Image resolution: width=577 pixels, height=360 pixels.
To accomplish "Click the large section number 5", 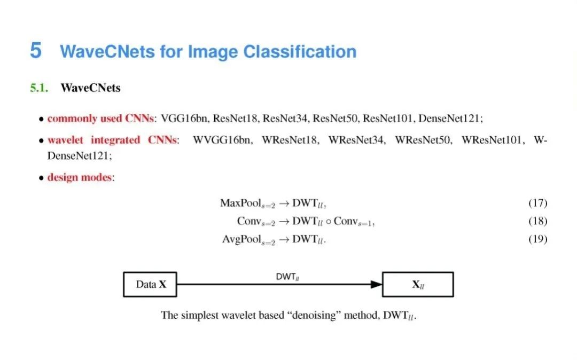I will (35, 51).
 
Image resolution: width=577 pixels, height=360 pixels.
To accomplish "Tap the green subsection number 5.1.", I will (38, 88).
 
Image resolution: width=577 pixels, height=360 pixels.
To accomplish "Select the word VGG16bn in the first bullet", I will (183, 118).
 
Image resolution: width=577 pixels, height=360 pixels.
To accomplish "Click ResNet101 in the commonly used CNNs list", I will (386, 118).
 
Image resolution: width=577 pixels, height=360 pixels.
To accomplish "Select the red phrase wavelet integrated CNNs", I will (113, 140).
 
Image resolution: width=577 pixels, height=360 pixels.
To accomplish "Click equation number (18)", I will (537, 221).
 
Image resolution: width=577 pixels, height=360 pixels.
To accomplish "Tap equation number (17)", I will (537, 203).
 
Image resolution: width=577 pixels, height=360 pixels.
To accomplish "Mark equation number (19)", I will (537, 239).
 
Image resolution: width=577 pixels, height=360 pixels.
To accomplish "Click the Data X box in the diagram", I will (150, 284).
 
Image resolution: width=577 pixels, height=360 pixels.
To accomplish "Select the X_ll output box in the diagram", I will (418, 284).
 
